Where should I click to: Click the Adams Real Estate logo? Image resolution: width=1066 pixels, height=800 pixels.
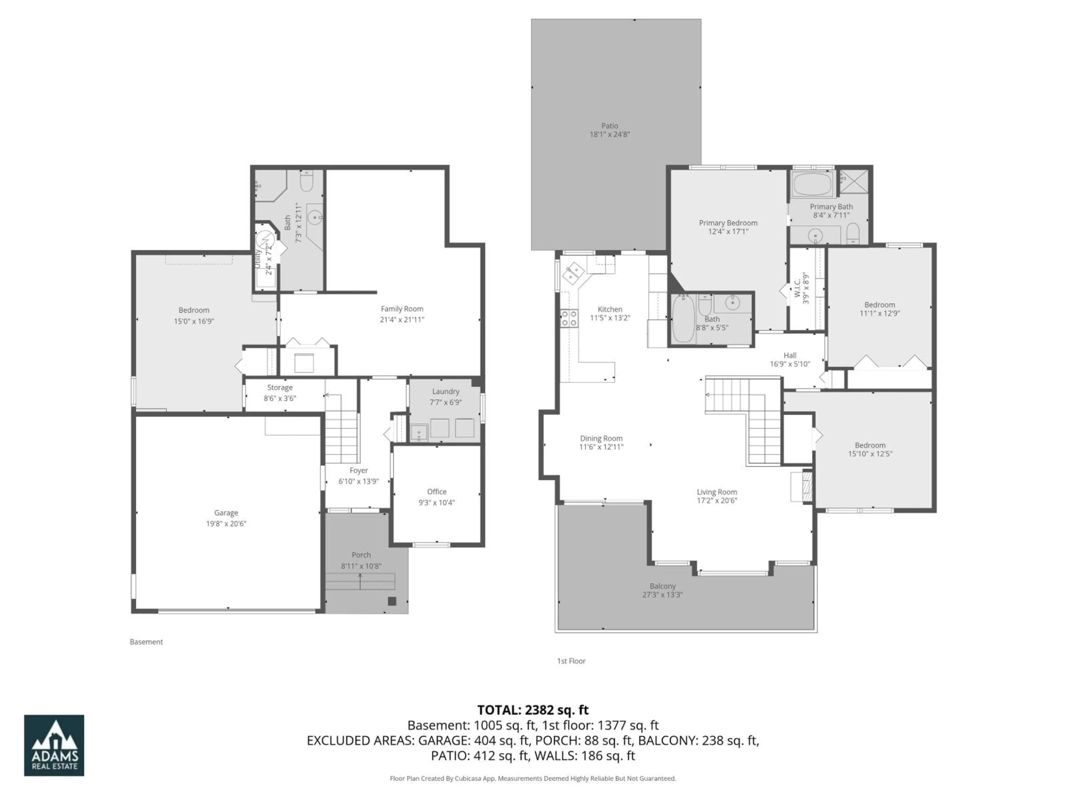(54, 745)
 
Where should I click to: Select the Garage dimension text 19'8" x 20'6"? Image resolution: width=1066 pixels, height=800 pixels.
(226, 524)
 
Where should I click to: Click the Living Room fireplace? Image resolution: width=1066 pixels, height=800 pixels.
(802, 487)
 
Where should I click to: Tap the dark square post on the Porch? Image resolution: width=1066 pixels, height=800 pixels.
(392, 601)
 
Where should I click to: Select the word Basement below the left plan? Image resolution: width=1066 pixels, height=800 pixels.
(146, 642)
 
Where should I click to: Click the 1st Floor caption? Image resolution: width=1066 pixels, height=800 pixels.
(571, 661)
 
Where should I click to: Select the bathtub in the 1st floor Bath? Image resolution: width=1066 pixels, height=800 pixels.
(683, 319)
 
